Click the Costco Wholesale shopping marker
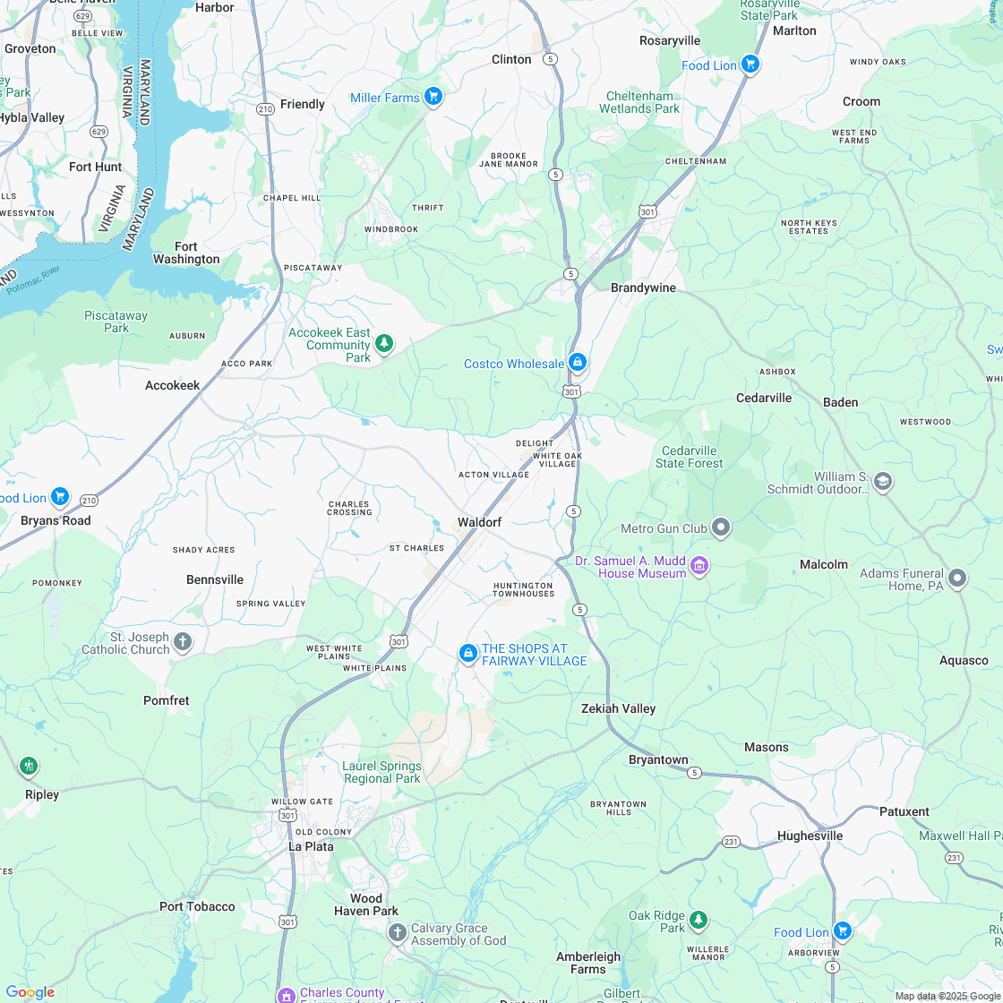(x=578, y=363)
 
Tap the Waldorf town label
(x=479, y=522)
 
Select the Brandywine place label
(x=643, y=288)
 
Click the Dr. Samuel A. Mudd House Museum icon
(x=700, y=565)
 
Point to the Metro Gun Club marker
(x=721, y=527)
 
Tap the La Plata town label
(x=311, y=846)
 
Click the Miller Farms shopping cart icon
(x=433, y=96)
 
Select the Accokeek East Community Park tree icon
(x=384, y=343)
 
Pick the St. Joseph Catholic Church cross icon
(x=183, y=640)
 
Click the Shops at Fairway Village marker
(x=467, y=654)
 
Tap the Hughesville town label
(x=810, y=836)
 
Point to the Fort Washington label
(x=186, y=253)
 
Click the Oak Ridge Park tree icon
(x=698, y=920)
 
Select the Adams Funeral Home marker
(x=957, y=579)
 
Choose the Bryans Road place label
(x=56, y=520)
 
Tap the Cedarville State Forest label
(x=690, y=457)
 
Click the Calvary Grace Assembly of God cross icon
(x=397, y=933)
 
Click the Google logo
(x=30, y=992)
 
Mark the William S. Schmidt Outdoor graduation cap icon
(x=882, y=482)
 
